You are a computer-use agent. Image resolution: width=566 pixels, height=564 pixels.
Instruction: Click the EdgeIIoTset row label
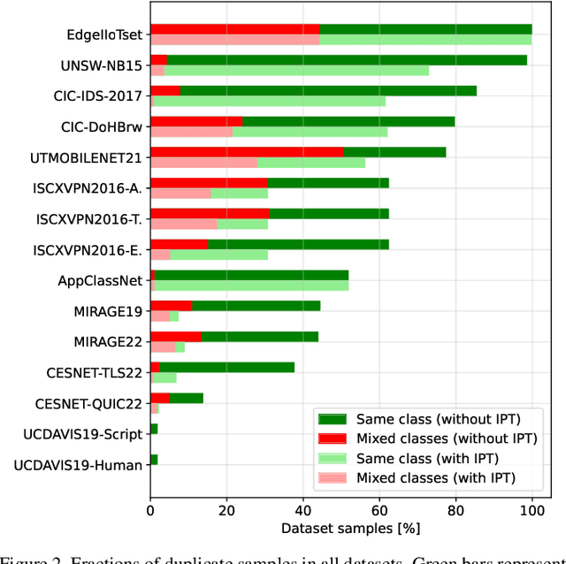point(105,35)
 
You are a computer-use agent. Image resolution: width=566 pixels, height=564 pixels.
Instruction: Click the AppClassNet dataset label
point(102,280)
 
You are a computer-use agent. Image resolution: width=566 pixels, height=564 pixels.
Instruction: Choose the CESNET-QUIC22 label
point(89,403)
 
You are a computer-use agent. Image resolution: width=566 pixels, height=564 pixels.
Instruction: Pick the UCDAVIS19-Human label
point(80,464)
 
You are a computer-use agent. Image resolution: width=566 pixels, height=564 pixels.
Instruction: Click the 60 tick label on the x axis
point(379,509)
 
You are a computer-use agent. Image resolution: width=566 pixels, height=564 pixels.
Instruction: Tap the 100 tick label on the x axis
point(532,509)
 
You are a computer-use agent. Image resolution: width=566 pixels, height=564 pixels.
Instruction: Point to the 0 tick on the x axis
point(150,509)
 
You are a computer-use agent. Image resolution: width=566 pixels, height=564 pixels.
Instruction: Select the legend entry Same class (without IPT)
point(437,419)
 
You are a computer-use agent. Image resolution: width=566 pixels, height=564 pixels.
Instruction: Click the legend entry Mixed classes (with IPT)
point(435,478)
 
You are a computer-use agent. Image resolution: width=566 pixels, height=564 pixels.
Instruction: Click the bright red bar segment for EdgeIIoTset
point(234,29)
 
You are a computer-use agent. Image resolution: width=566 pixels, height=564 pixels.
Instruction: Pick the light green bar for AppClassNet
point(252,286)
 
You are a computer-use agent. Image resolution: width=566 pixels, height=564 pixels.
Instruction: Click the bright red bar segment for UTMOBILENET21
point(247,152)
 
